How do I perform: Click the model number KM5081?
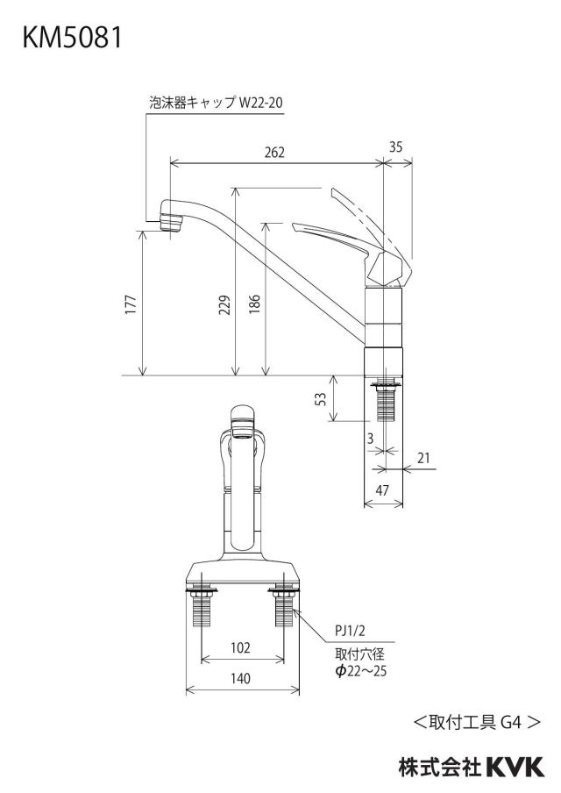click(x=72, y=37)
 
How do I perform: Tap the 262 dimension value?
click(x=275, y=153)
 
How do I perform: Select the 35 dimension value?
click(x=395, y=146)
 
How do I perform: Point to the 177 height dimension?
click(x=131, y=304)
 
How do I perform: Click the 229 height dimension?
click(x=224, y=305)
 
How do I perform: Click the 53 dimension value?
click(x=321, y=399)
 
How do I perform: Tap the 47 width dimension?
click(x=383, y=489)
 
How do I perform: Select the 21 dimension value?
click(x=423, y=458)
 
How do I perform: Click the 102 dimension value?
click(x=240, y=648)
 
